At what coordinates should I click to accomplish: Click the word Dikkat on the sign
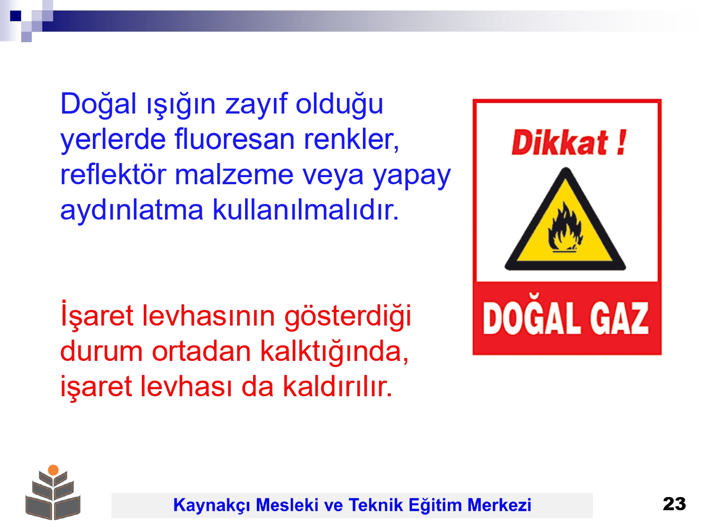pyautogui.click(x=559, y=142)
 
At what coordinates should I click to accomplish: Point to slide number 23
pyautogui.click(x=674, y=504)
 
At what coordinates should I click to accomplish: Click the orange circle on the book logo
pyautogui.click(x=53, y=470)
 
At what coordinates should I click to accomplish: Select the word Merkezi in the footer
pyautogui.click(x=499, y=505)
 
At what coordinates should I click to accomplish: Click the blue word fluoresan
pyautogui.click(x=234, y=139)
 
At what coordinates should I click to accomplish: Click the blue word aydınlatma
pyautogui.click(x=132, y=210)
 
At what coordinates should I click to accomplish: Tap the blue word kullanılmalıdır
pyautogui.click(x=306, y=210)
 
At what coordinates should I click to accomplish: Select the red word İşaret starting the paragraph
pyautogui.click(x=97, y=314)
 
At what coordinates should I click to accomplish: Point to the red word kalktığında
pyautogui.click(x=334, y=351)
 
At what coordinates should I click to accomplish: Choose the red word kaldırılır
pyautogui.click(x=337, y=386)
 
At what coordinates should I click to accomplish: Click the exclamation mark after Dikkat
pyautogui.click(x=622, y=142)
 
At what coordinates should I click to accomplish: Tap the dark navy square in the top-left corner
pyautogui.click(x=16, y=16)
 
